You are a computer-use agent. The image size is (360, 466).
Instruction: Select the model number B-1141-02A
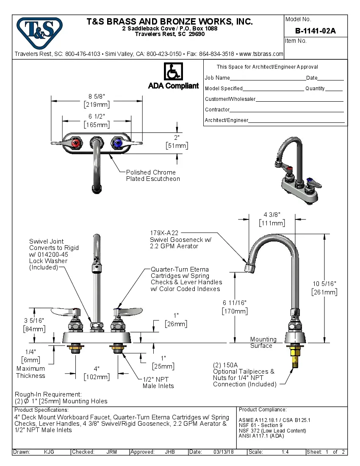pyautogui.click(x=316, y=31)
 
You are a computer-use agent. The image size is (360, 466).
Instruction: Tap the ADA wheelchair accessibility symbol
pyautogui.click(x=173, y=72)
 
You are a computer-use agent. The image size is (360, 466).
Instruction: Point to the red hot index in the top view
pyautogui.click(x=76, y=144)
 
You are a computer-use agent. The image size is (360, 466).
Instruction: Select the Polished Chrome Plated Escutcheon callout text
pyautogui.click(x=152, y=175)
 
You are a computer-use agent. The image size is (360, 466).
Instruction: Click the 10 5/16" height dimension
pyautogui.click(x=324, y=283)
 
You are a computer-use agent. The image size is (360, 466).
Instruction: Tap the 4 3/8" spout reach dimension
pyautogui.click(x=272, y=215)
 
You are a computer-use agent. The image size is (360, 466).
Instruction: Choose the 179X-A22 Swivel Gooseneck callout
pyautogui.click(x=180, y=239)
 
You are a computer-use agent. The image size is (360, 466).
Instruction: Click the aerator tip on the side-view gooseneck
pyautogui.click(x=250, y=268)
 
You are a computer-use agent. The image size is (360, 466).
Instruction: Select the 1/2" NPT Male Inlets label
pyautogui.click(x=158, y=383)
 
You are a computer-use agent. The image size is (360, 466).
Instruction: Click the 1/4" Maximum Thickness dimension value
pyautogui.click(x=30, y=352)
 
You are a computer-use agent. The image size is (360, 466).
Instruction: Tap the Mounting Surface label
pyautogui.click(x=263, y=342)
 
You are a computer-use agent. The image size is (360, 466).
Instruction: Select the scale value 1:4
pyautogui.click(x=285, y=452)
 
